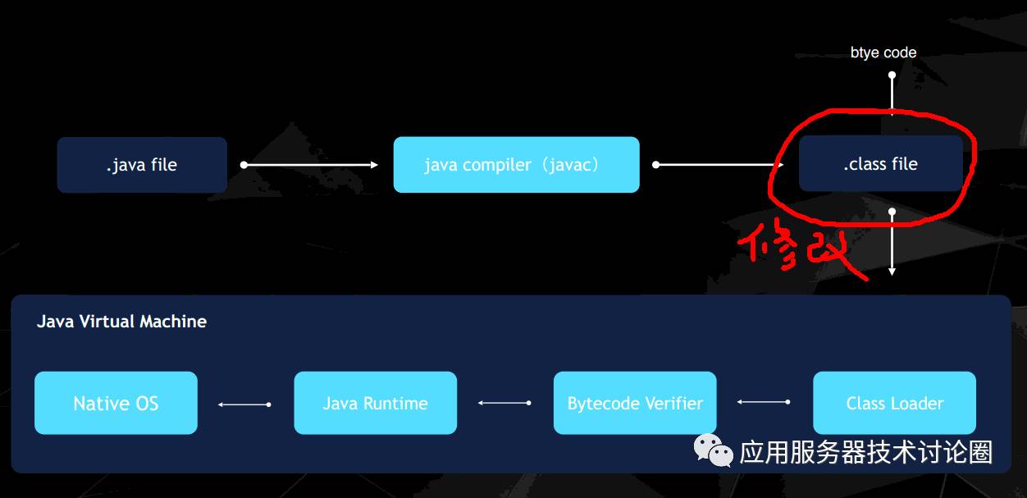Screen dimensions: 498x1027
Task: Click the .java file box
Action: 142,165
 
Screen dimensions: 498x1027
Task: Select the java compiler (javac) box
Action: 516,165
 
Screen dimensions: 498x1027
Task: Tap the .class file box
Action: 880,164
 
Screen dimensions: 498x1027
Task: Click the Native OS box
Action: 116,403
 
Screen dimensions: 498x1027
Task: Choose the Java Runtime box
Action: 375,403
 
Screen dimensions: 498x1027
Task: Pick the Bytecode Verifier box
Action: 635,403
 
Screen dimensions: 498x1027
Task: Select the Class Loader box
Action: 894,403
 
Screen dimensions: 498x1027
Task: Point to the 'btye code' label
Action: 883,53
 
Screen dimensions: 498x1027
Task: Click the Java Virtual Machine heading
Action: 121,322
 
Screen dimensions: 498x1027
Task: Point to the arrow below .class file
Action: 892,243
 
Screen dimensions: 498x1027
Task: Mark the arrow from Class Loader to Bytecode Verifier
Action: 764,402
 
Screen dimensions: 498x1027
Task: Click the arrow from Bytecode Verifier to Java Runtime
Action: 504,403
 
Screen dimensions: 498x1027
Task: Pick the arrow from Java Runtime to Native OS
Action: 244,404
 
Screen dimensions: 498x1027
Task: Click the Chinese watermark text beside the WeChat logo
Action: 865,452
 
